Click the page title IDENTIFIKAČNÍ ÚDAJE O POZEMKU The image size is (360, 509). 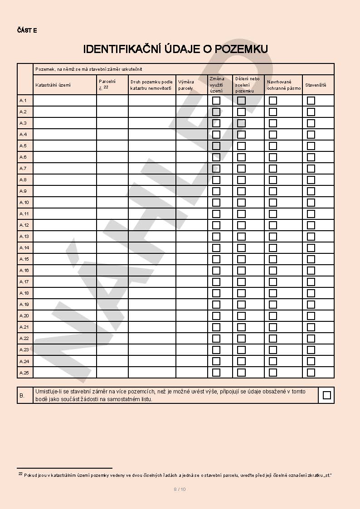click(x=175, y=49)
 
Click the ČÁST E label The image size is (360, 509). click(x=27, y=30)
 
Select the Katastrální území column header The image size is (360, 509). click(x=53, y=85)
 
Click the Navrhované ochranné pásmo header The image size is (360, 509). click(x=284, y=85)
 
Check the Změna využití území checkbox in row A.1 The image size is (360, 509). click(x=216, y=101)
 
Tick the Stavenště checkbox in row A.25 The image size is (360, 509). click(x=311, y=373)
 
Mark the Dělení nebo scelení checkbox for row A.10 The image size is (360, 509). click(x=242, y=203)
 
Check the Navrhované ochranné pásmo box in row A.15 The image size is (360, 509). click(x=273, y=259)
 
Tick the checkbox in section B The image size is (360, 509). click(x=327, y=395)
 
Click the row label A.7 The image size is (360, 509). click(x=23, y=169)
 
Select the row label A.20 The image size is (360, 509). click(x=24, y=316)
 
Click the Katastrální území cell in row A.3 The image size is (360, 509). click(x=65, y=123)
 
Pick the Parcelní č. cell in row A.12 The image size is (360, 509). click(x=112, y=225)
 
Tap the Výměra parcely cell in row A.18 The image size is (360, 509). click(x=192, y=293)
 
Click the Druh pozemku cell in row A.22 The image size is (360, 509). click(x=152, y=339)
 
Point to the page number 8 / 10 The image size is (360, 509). click(x=180, y=489)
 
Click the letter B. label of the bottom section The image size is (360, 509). click(x=22, y=396)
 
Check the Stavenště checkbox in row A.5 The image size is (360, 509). click(x=311, y=146)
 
